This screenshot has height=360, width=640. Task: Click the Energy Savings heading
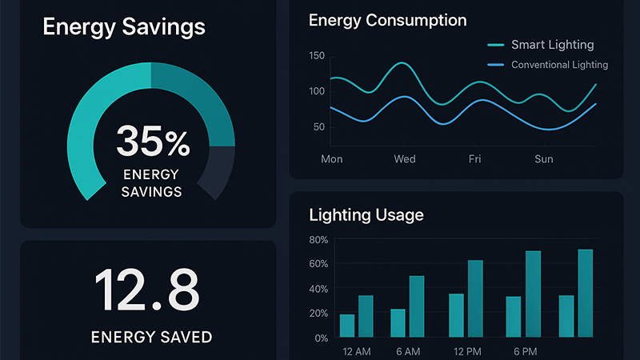pos(124,26)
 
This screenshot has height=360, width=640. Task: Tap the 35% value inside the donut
pos(153,142)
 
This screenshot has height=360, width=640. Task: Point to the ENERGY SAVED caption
pos(152,337)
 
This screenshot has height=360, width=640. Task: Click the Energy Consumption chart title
pos(387,21)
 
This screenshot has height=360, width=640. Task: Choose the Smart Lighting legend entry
pos(552,45)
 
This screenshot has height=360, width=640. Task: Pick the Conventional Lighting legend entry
pos(559,65)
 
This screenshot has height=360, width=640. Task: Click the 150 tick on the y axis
pos(316,55)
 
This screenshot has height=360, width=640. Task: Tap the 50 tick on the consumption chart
pos(318,126)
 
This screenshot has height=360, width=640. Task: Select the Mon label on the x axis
pos(331,159)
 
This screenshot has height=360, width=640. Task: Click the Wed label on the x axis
pos(405,159)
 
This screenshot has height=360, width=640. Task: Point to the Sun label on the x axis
pos(543,159)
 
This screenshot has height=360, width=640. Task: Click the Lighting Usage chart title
pos(366,214)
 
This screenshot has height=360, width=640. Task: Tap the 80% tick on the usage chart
pos(318,239)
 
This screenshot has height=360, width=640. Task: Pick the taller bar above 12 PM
pos(475,298)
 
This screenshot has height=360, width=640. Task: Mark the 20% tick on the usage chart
pos(318,314)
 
